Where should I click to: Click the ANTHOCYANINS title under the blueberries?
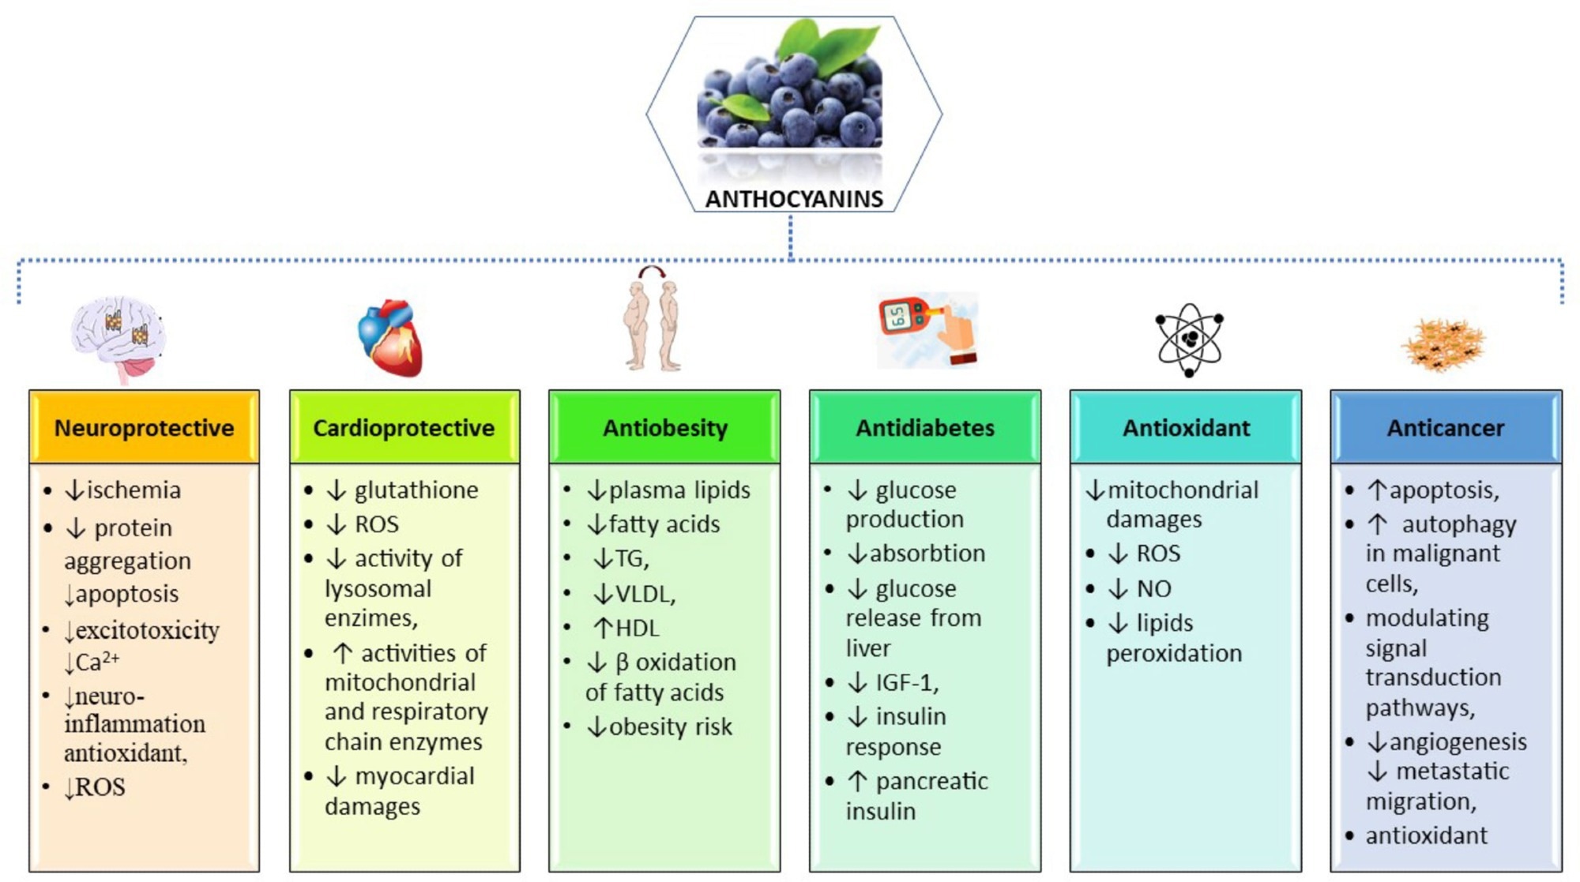(x=794, y=199)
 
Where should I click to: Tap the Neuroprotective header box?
(x=144, y=428)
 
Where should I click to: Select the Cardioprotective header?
(x=404, y=428)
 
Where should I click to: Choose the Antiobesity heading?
(x=665, y=428)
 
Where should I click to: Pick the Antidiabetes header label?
(x=925, y=428)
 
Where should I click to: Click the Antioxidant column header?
(x=1186, y=428)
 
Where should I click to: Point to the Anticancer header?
(x=1446, y=428)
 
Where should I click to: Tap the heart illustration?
(x=391, y=338)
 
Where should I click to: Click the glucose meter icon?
(x=927, y=330)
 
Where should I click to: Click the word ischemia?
(x=134, y=490)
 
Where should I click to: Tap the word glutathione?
(x=416, y=490)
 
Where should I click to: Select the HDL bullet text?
(x=637, y=629)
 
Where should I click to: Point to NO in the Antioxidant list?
(x=1153, y=589)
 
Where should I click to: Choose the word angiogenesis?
(x=1458, y=742)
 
